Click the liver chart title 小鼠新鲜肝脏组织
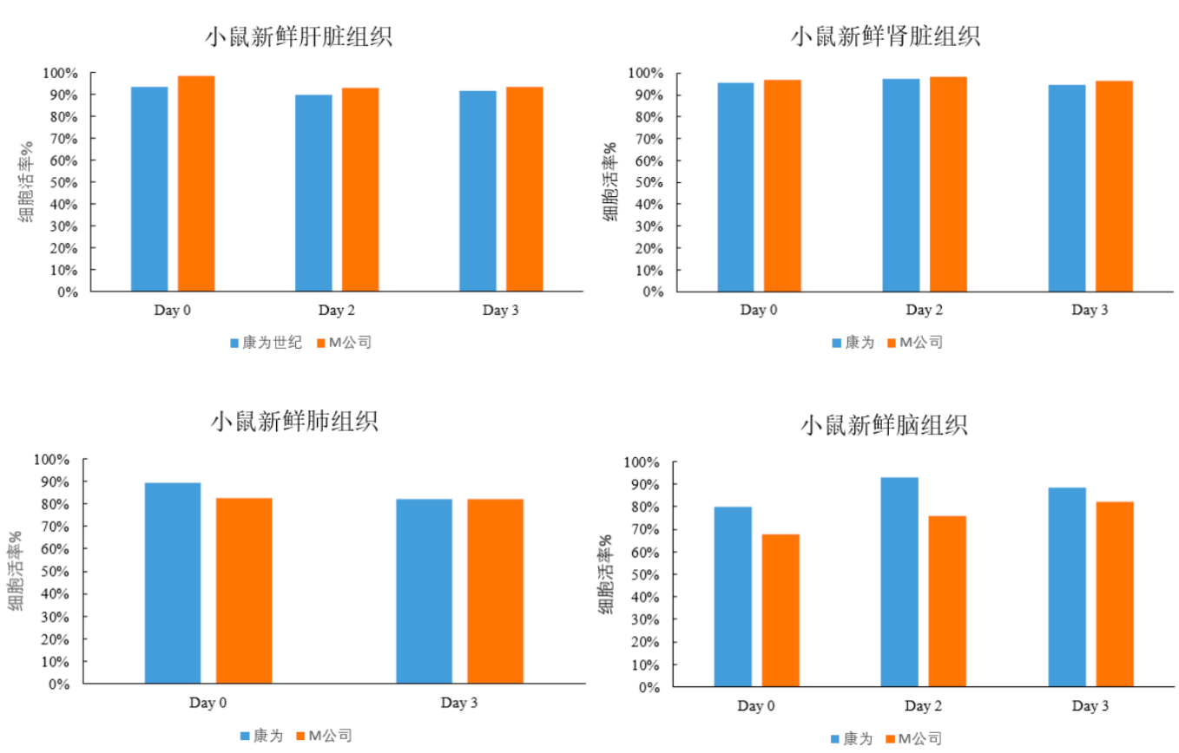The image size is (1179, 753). [298, 37]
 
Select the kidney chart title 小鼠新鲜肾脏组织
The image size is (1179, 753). [885, 36]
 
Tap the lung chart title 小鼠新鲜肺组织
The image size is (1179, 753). [294, 422]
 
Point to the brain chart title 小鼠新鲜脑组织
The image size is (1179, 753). [883, 426]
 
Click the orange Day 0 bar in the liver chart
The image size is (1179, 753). [196, 184]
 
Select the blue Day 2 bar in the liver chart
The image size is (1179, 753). [313, 193]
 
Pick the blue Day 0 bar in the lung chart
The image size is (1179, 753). [173, 583]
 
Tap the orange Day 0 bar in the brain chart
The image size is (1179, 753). [781, 611]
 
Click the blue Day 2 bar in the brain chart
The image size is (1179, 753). [899, 582]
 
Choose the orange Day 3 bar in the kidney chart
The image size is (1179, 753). [1114, 187]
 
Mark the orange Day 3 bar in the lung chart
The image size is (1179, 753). [495, 591]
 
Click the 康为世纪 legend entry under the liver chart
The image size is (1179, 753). [266, 343]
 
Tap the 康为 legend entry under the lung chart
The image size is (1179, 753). [261, 736]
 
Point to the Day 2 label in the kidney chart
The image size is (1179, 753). [924, 310]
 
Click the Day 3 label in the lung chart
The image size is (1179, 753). [459, 703]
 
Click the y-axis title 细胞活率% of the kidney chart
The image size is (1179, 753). [611, 181]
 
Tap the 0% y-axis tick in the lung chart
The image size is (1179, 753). [58, 684]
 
